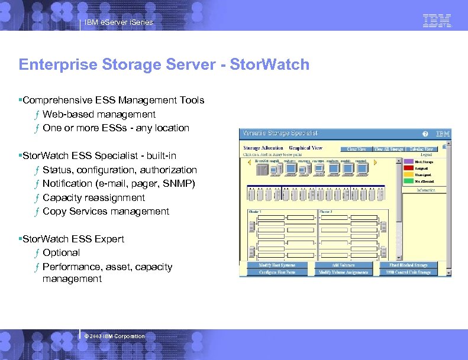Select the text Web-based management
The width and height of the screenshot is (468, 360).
pyautogui.click(x=99, y=114)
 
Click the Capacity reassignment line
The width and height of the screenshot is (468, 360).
pyautogui.click(x=93, y=197)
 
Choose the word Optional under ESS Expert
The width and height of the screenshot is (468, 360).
pyautogui.click(x=61, y=252)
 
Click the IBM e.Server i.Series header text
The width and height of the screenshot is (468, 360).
pyautogui.click(x=118, y=22)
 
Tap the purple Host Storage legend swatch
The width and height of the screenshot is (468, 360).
pyautogui.click(x=409, y=161)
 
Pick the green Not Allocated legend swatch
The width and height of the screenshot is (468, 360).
pyautogui.click(x=409, y=181)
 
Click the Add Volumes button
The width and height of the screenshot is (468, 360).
pyautogui.click(x=343, y=265)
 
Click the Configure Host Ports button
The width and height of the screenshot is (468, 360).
pyautogui.click(x=276, y=273)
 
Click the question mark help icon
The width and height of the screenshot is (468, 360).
pyautogui.click(x=425, y=134)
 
